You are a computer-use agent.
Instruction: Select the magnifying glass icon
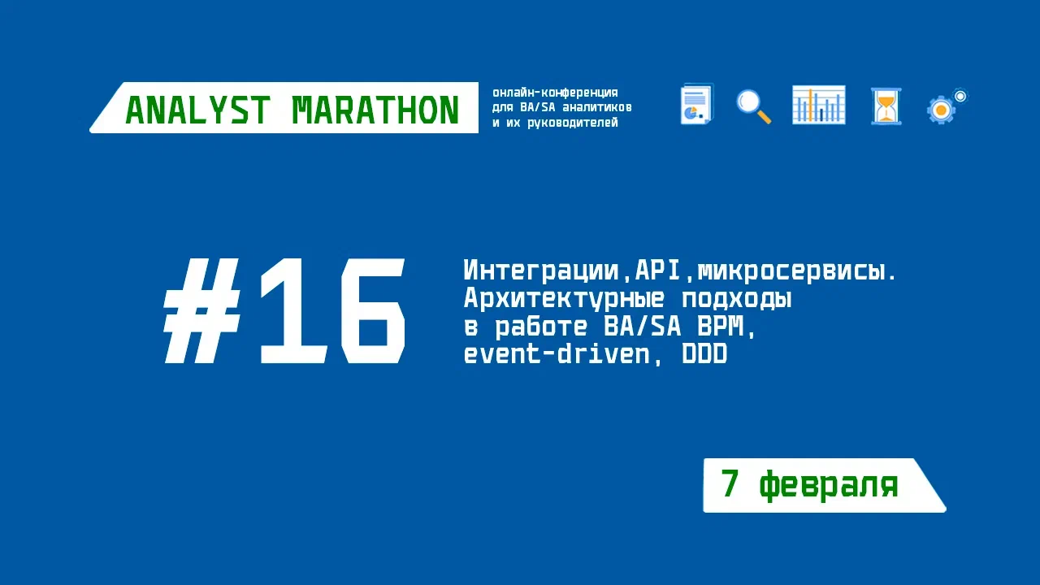click(753, 106)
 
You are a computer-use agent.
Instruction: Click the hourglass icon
click(886, 106)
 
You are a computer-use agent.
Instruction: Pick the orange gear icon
click(942, 109)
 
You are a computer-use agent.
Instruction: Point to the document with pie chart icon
click(696, 105)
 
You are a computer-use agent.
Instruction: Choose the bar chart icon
click(818, 105)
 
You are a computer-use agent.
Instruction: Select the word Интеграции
click(541, 271)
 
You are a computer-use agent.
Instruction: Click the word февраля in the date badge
click(829, 486)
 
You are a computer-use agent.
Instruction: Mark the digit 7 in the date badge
click(730, 484)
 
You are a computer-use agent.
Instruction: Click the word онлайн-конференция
click(556, 93)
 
